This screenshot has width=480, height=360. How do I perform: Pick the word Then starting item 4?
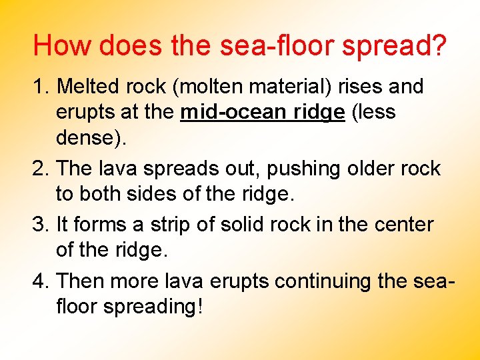[81, 282]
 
